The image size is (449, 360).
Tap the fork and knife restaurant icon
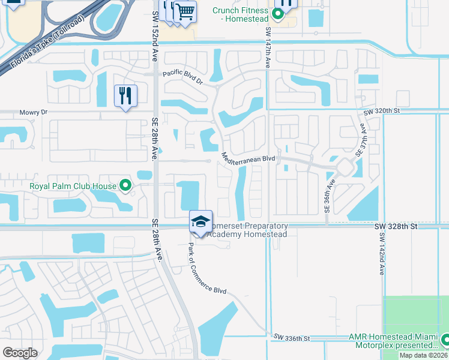[125, 96]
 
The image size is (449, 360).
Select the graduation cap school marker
[201, 221]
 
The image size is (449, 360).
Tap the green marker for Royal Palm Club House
[125, 186]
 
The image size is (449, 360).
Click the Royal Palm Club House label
[73, 186]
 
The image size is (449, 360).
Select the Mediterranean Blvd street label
[248, 158]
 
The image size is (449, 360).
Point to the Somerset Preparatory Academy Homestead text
[247, 230]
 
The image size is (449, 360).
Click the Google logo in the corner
[20, 352]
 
